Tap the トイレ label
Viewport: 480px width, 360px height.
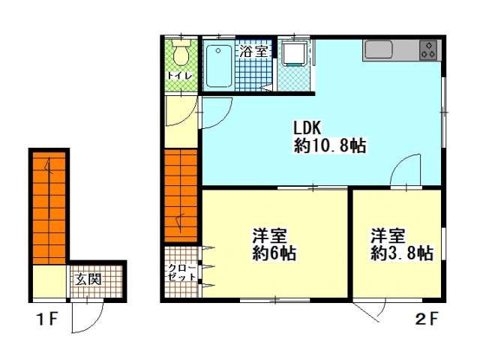180,76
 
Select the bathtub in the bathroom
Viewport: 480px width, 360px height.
218,66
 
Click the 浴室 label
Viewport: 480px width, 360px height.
253,52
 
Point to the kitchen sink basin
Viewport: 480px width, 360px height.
379,50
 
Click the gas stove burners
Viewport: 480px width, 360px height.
428,50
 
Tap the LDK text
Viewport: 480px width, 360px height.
307,128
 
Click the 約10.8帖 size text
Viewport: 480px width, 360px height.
330,145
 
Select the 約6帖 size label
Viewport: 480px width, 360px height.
274,253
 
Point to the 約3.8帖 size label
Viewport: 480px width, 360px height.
402,253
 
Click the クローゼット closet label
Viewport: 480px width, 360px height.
182,272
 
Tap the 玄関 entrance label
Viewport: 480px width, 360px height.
88,279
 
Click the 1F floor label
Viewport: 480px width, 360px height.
47,319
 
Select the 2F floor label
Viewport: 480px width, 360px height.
427,319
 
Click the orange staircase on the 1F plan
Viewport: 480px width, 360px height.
49,208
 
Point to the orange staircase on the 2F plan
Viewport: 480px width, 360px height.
181,196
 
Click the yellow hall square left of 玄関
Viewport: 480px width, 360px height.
49,281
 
